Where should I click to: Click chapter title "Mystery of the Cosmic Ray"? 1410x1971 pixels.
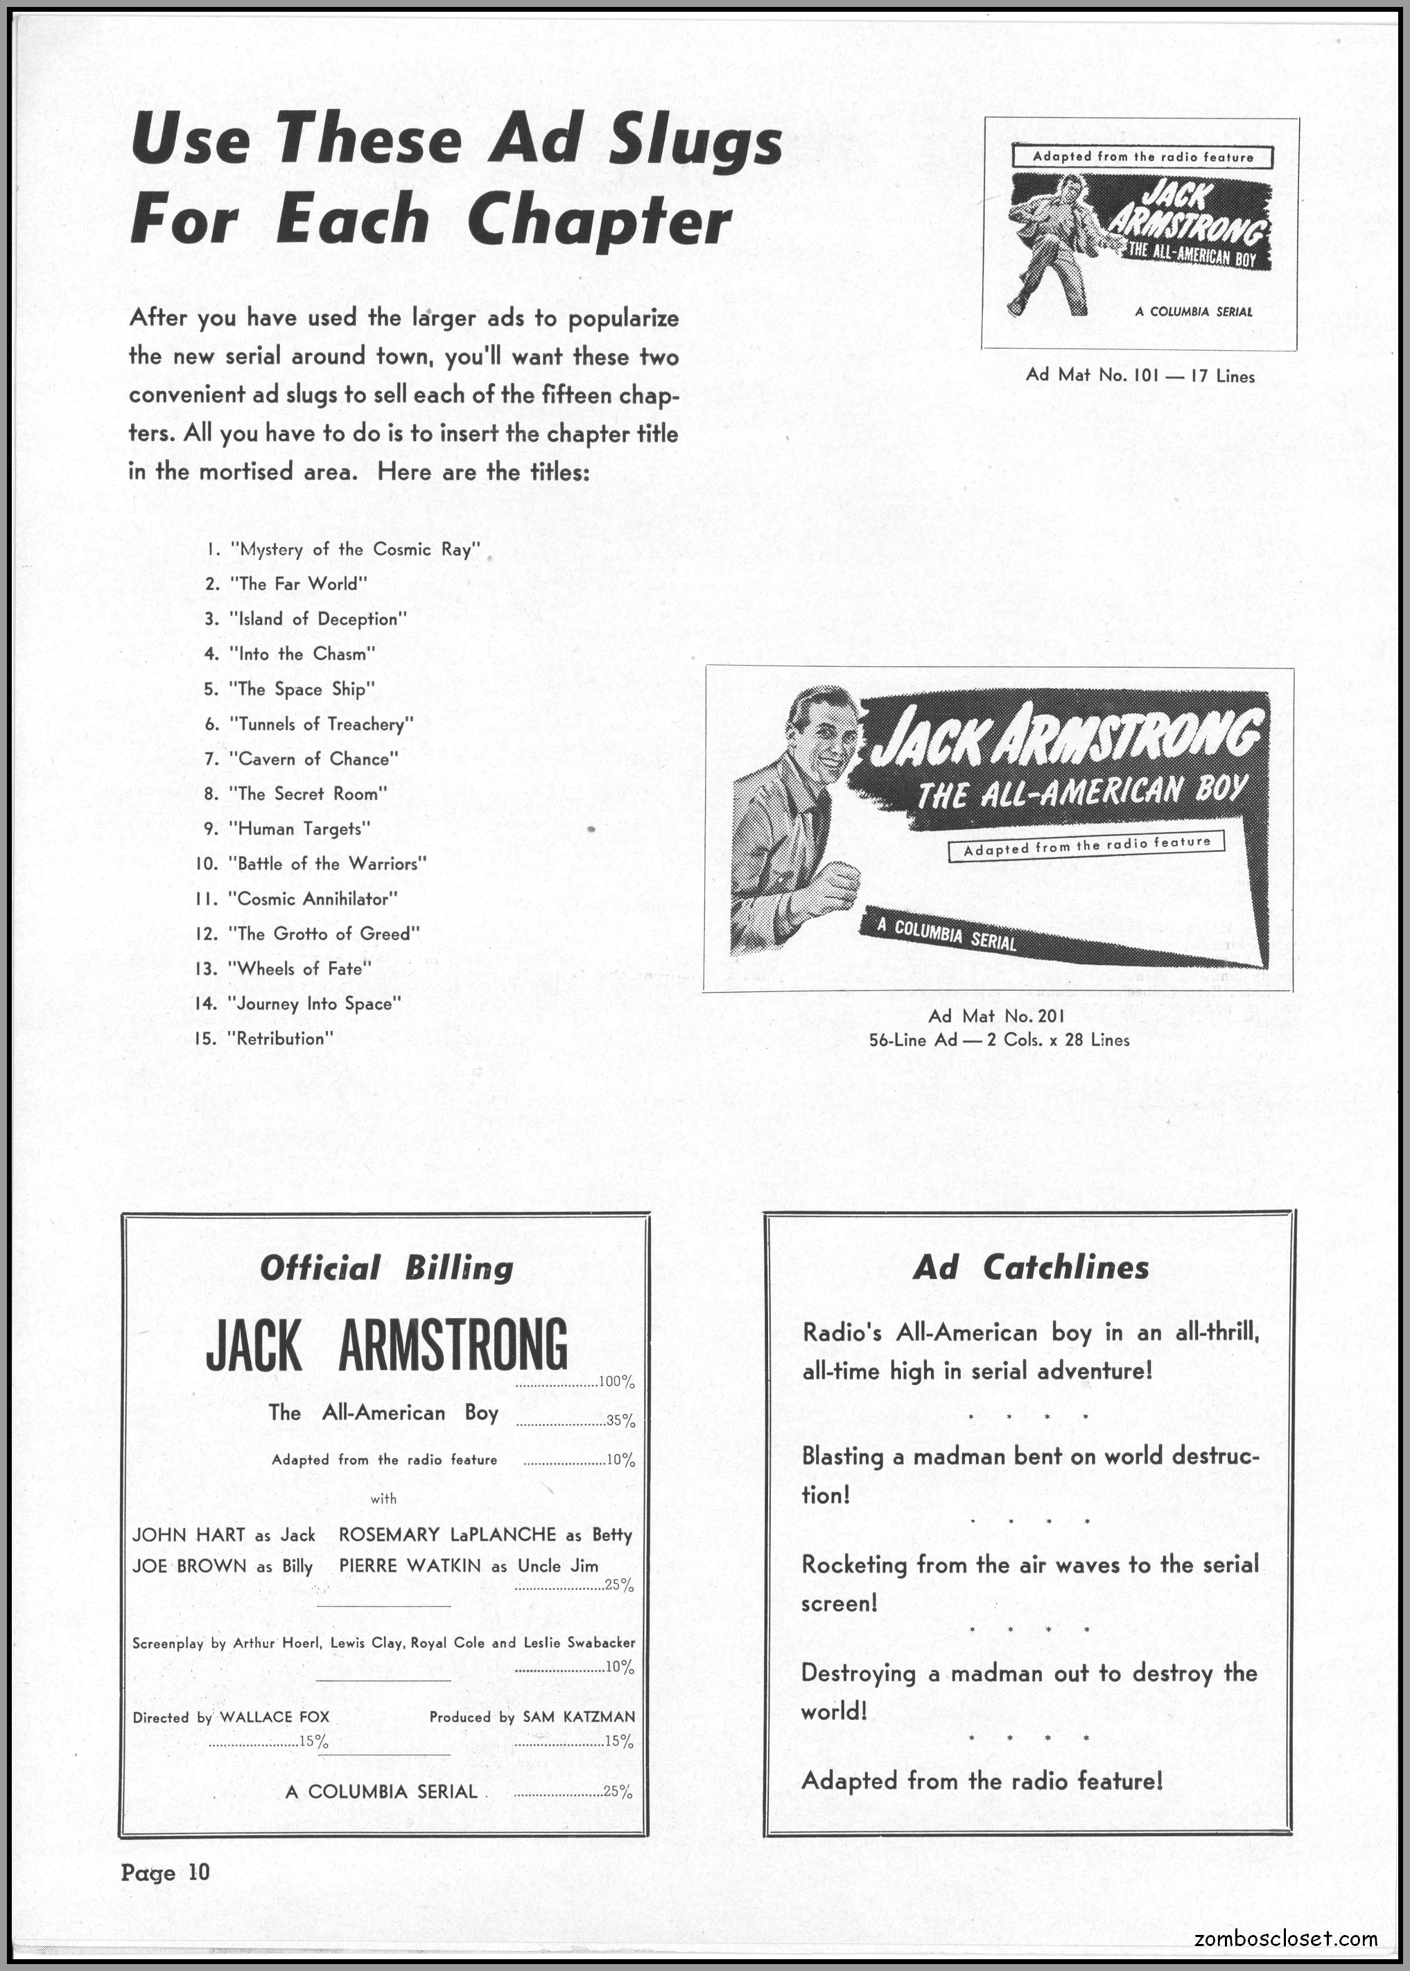(x=355, y=550)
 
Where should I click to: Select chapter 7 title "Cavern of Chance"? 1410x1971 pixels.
(x=313, y=759)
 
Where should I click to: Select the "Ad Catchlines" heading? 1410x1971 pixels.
(x=1031, y=1268)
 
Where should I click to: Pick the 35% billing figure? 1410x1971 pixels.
(x=620, y=1421)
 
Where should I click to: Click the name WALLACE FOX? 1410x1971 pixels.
(x=275, y=1717)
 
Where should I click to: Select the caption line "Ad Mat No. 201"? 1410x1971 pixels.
(x=997, y=1016)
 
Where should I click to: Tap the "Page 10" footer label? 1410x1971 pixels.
(x=166, y=1871)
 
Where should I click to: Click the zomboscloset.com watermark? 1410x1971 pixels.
(x=1285, y=1938)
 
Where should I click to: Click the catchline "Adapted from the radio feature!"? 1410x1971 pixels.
(x=981, y=1781)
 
